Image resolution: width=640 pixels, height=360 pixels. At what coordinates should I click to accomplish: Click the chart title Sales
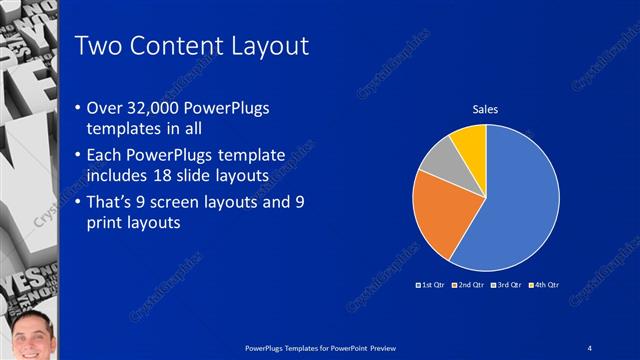(x=486, y=109)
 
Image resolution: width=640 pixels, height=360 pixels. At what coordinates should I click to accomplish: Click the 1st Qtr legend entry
(x=433, y=285)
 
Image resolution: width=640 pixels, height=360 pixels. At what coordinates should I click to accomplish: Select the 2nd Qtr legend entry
(x=470, y=285)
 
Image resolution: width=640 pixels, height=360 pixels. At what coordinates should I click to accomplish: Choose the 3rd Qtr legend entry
(x=507, y=285)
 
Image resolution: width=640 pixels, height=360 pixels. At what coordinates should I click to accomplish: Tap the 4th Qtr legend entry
(x=544, y=285)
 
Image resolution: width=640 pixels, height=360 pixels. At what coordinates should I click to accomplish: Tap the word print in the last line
(x=109, y=223)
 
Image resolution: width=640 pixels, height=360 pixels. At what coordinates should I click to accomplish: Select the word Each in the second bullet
(x=107, y=157)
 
